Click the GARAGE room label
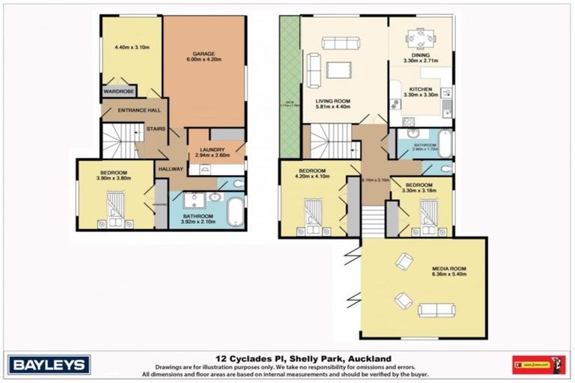(x=204, y=53)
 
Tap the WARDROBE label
(x=118, y=92)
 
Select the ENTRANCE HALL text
(x=139, y=111)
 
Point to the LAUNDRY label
(x=210, y=149)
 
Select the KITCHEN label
(x=420, y=88)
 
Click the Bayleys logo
(x=49, y=364)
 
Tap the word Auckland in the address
(x=368, y=358)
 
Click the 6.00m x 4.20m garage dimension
(x=204, y=60)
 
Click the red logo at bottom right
(x=538, y=365)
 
